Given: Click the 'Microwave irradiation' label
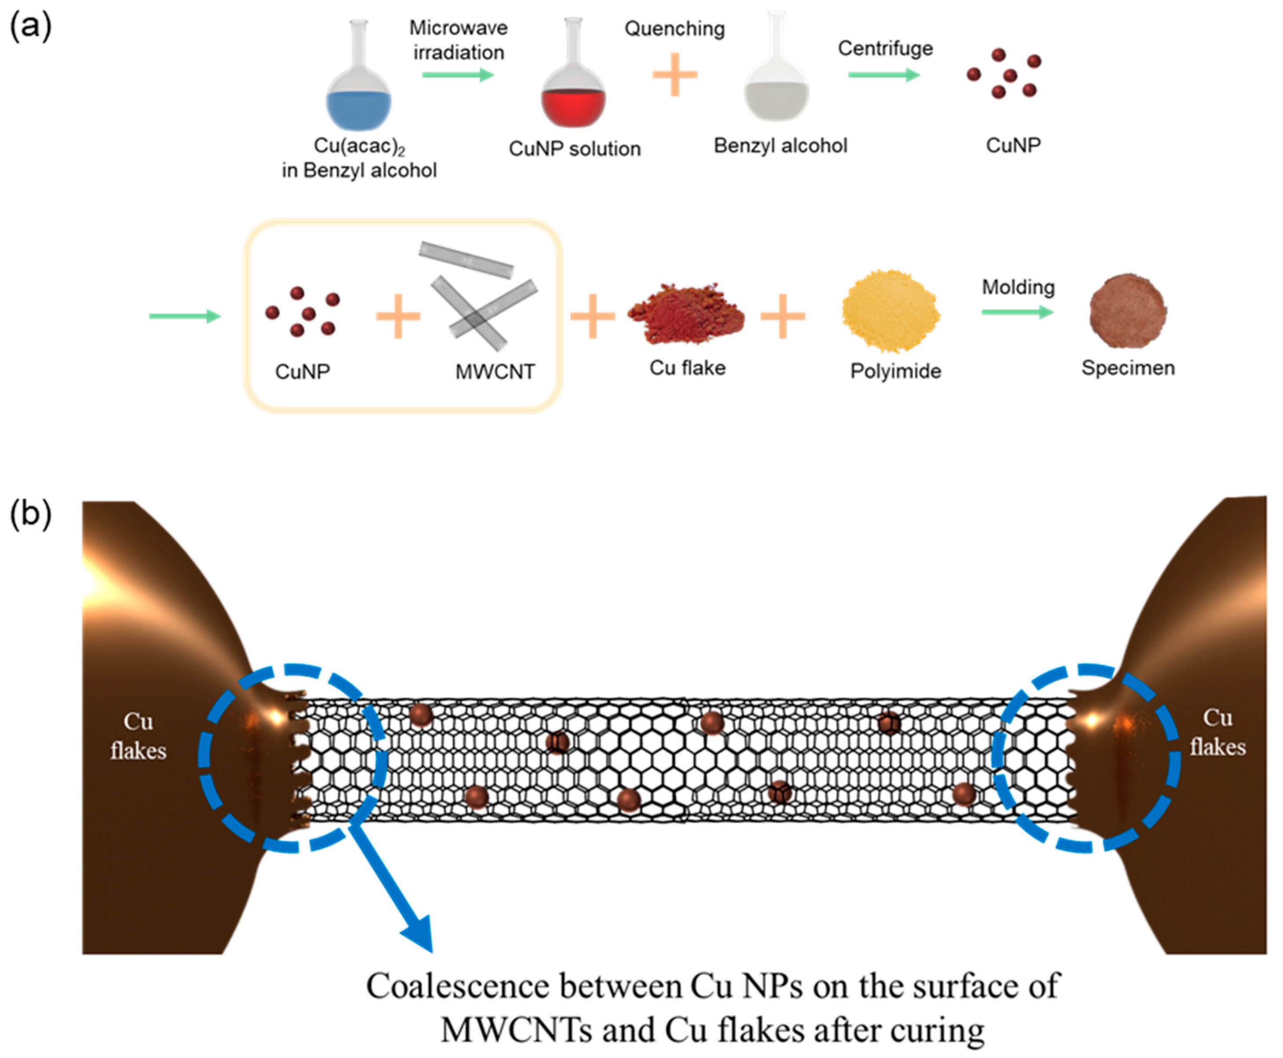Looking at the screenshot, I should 458,40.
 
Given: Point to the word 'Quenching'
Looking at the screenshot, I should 675,29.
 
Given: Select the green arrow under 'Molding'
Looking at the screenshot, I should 1017,312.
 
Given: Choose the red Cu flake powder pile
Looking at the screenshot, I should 686,314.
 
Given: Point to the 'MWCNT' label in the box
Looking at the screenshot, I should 495,371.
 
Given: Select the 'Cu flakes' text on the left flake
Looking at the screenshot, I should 138,736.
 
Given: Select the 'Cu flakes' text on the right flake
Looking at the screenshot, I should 1217,732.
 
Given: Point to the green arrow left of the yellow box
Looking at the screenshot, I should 185,316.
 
